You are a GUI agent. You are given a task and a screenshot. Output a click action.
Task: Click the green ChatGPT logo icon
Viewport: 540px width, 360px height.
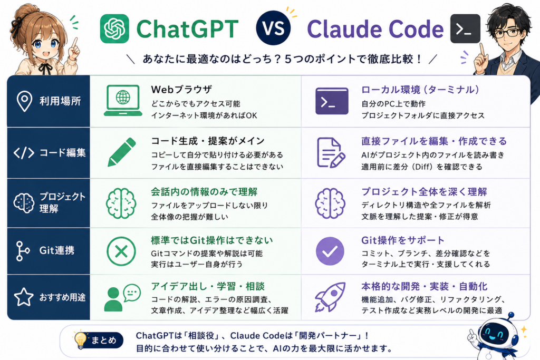click(x=114, y=29)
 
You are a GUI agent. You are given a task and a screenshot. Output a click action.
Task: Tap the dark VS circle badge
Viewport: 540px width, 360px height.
click(x=273, y=28)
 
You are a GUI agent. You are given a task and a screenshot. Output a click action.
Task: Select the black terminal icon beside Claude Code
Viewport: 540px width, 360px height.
click(x=465, y=29)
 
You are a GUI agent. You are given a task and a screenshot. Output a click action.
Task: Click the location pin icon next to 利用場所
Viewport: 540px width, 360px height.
click(x=24, y=101)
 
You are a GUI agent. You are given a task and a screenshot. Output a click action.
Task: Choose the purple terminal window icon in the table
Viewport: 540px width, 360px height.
click(x=332, y=101)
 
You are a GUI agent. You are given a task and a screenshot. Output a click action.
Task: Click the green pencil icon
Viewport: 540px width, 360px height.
click(x=122, y=152)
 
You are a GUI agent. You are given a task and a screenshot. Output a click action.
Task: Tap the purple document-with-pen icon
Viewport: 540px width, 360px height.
click(x=331, y=152)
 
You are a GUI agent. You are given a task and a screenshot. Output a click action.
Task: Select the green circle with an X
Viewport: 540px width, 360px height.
click(x=121, y=251)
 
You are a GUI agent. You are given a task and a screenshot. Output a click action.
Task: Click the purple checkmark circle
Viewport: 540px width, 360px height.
click(x=330, y=251)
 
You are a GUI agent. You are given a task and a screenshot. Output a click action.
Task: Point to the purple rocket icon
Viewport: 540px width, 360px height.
click(x=330, y=297)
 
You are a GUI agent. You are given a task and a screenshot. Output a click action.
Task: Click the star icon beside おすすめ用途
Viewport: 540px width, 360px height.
click(x=24, y=297)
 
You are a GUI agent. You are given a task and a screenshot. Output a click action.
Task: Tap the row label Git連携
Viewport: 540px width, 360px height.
click(x=57, y=250)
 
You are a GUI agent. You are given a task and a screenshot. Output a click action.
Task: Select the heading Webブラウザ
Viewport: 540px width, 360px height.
click(x=181, y=90)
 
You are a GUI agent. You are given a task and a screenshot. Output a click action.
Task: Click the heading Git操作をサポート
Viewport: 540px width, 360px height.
click(x=402, y=240)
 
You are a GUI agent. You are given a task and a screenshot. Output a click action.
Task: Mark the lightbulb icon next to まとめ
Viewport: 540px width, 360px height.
click(x=80, y=340)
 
